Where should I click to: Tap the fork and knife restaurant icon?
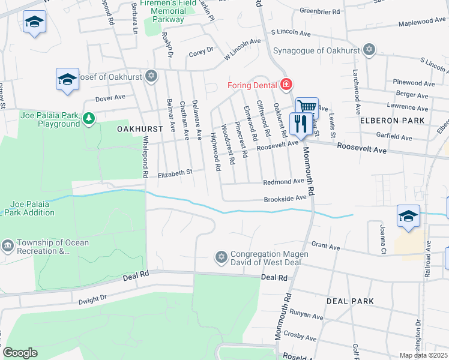tap(298, 124)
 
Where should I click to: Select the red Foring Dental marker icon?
tap(286, 84)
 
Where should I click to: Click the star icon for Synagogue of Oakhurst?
tap(369, 50)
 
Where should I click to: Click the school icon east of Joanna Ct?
tap(408, 216)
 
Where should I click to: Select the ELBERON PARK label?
tap(392, 121)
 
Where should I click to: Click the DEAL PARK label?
tap(349, 301)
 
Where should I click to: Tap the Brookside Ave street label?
tap(285, 198)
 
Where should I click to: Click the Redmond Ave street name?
tap(283, 182)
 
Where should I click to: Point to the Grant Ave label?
tap(325, 247)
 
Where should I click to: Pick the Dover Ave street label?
tap(110, 97)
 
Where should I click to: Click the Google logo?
tap(20, 353)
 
